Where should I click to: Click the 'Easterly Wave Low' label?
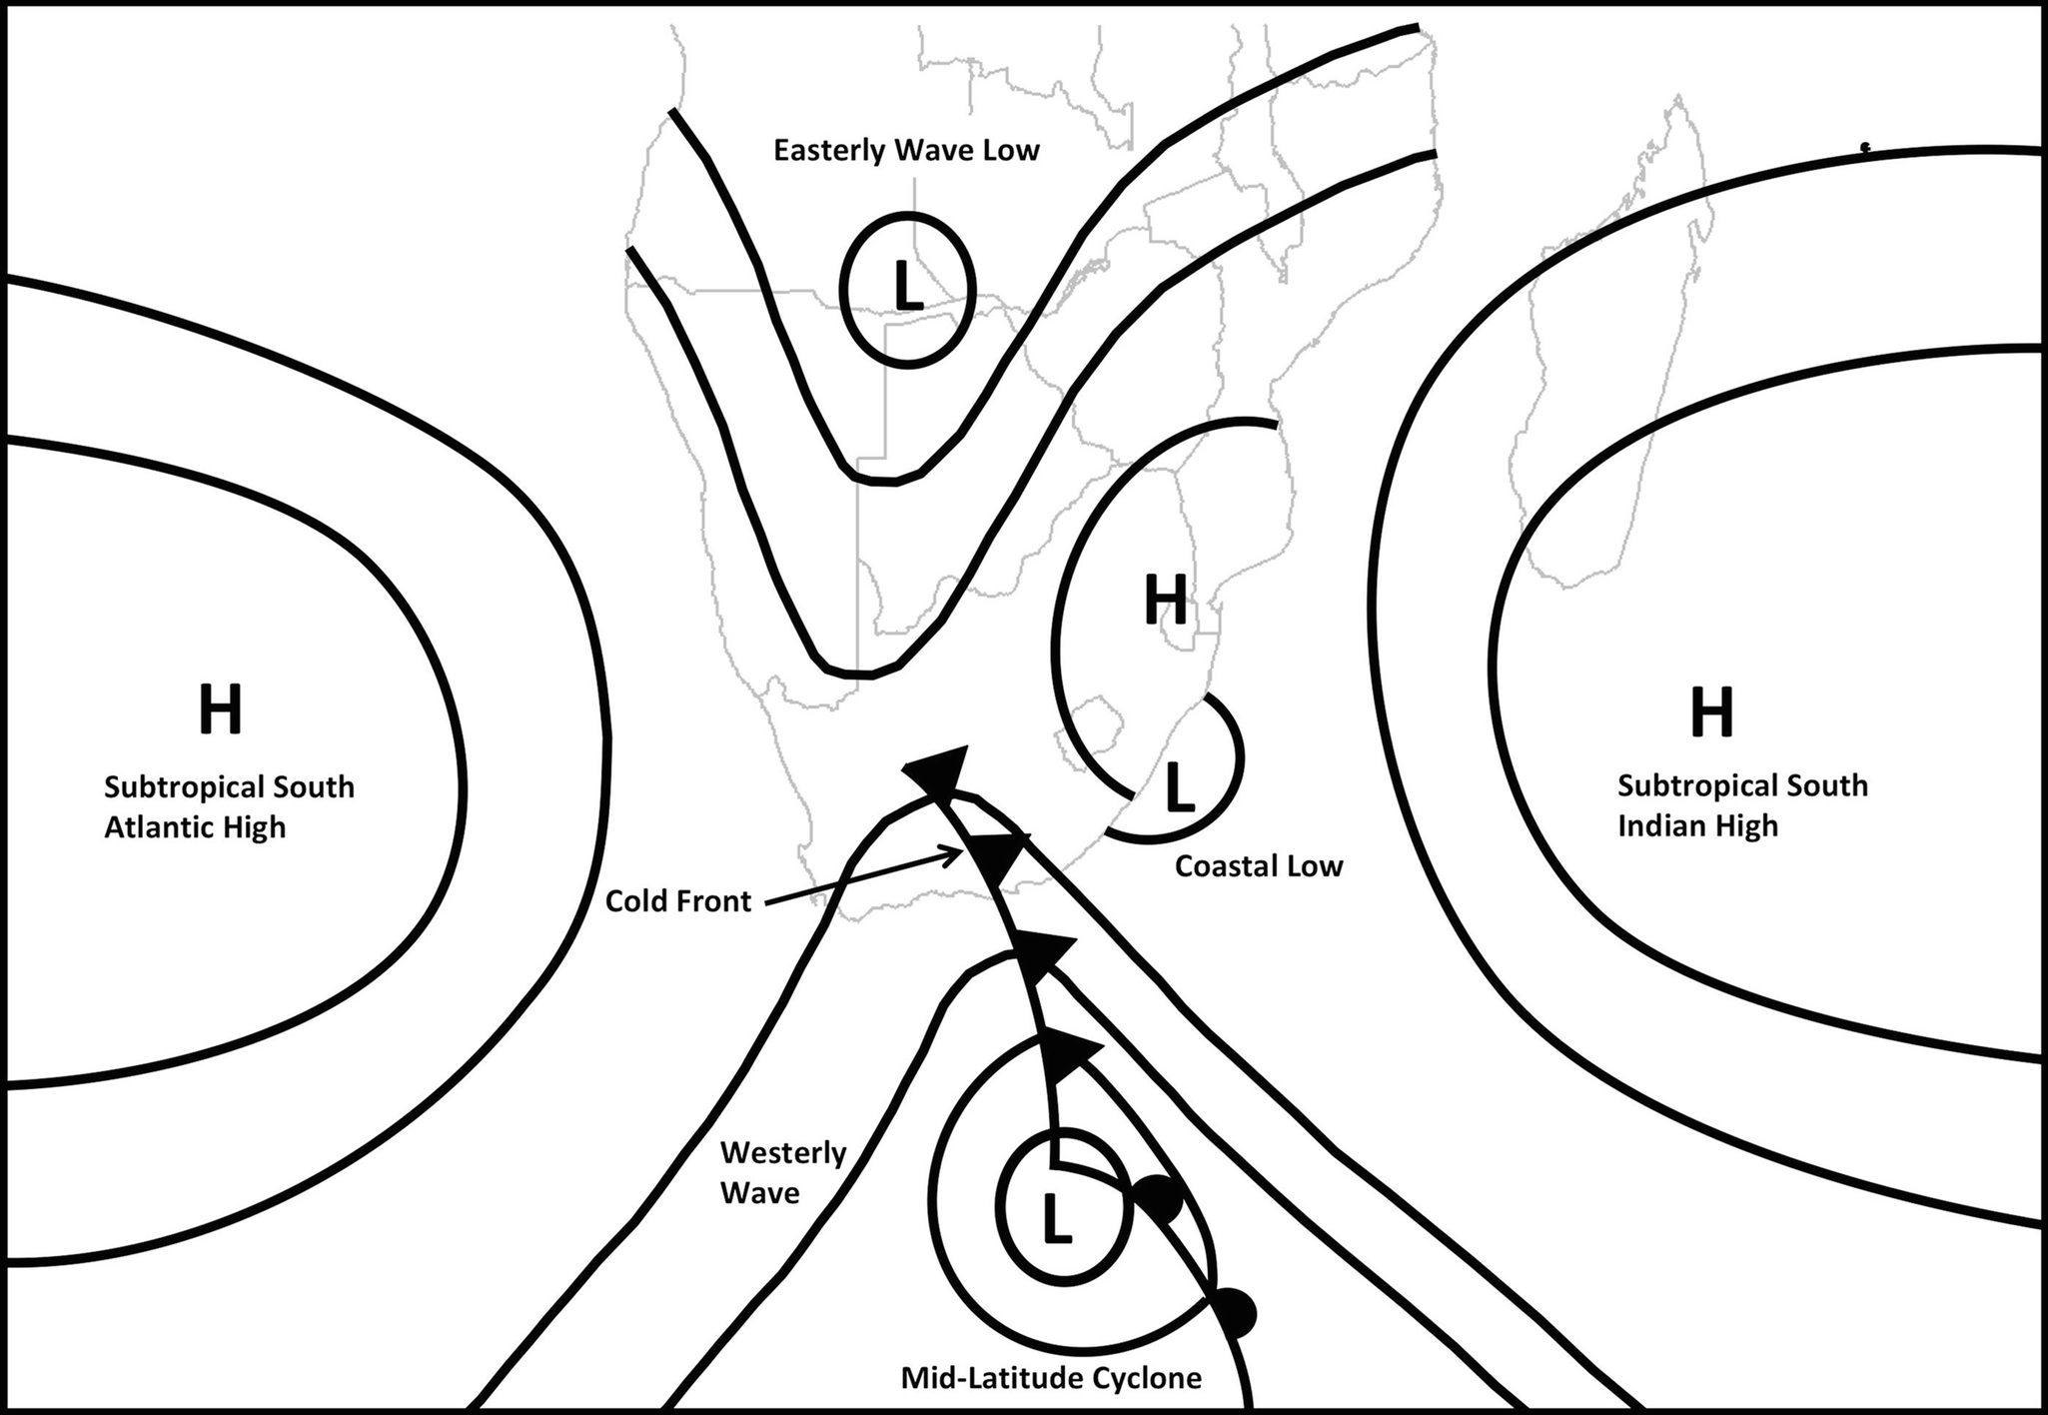pos(906,151)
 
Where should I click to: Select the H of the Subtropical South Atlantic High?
pos(221,708)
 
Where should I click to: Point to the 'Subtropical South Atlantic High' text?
pos(229,807)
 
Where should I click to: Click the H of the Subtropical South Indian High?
pos(1711,710)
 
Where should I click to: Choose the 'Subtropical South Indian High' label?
pos(1742,805)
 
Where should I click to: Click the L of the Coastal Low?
pos(1180,786)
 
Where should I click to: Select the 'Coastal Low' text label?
pos(1259,865)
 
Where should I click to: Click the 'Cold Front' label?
pos(678,901)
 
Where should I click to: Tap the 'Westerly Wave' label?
pos(783,1173)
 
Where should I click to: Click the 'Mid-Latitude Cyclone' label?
pos(1051,1379)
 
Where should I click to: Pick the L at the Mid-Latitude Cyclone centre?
pos(1056,1219)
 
